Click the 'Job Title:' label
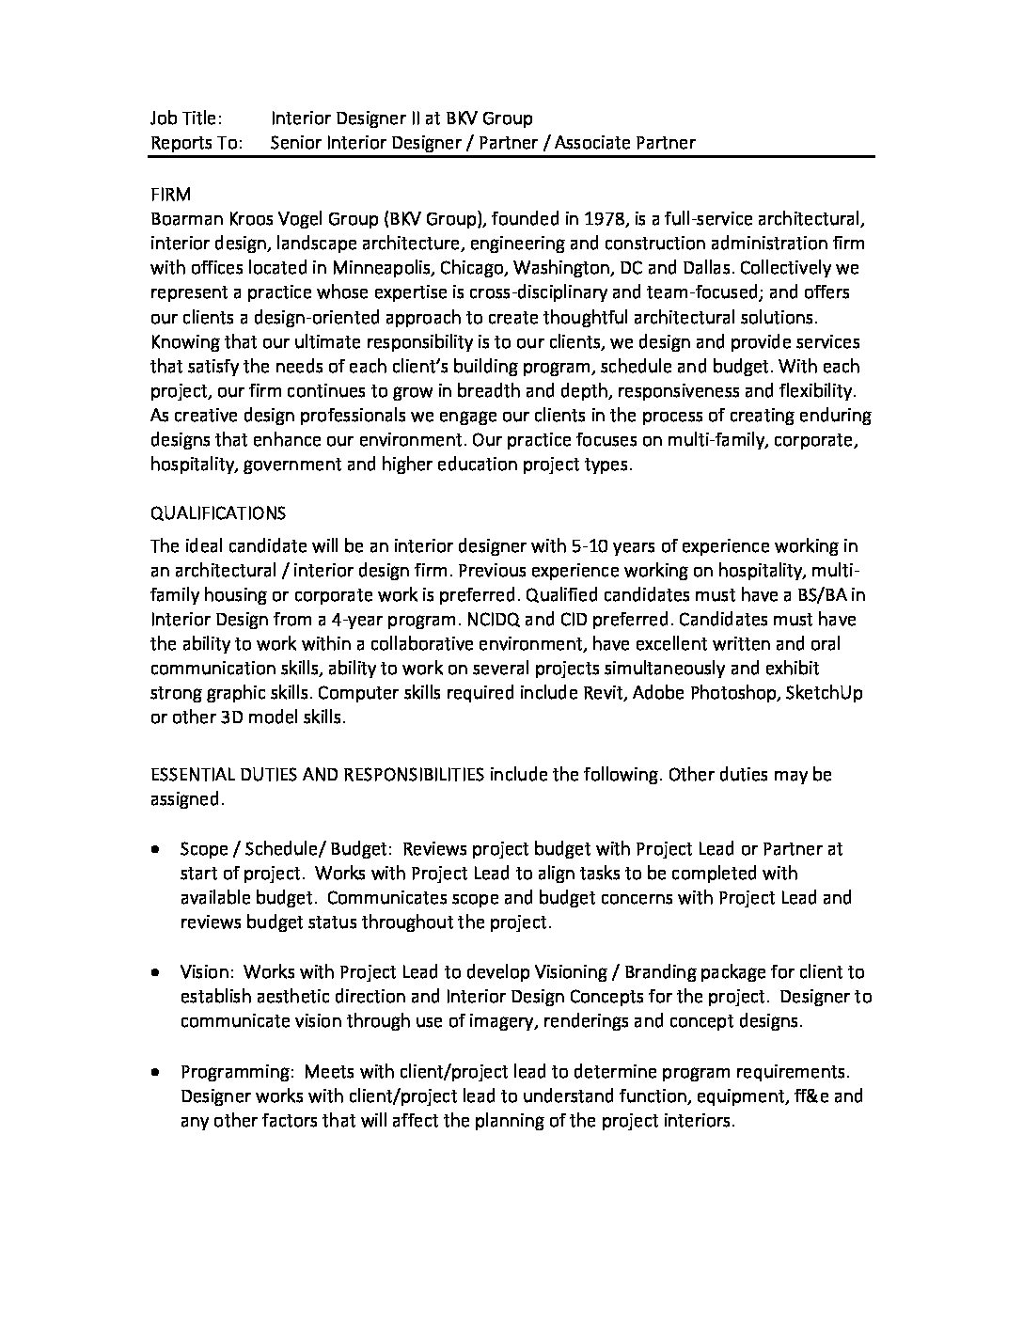click(186, 118)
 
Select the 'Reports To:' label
click(196, 143)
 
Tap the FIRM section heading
click(170, 195)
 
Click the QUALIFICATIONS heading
click(218, 513)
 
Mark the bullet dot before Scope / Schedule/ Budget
click(155, 848)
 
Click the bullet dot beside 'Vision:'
click(155, 972)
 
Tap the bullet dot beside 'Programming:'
click(155, 1072)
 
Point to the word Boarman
click(186, 219)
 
